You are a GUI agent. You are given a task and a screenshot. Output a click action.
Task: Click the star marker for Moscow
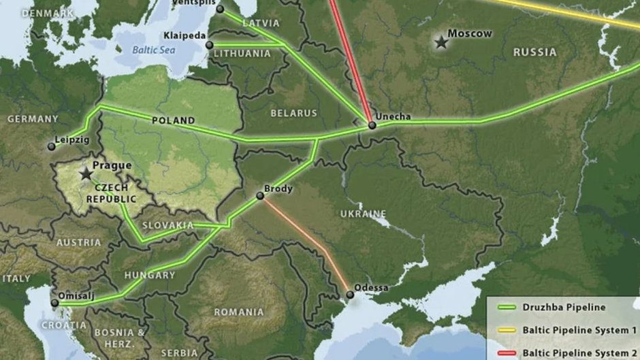pos(441,43)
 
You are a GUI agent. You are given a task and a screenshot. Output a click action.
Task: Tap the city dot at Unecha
pos(372,125)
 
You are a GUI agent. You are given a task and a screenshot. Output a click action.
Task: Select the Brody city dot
pos(259,196)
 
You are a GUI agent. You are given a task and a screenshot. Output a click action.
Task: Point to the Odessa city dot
pos(350,295)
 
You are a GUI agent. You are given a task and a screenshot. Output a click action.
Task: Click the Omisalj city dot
pos(55,303)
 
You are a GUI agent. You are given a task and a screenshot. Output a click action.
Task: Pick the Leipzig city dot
pos(51,146)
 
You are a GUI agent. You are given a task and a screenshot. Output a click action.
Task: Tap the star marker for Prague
pos(86,174)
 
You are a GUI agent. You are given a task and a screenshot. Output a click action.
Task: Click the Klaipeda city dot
pos(209,45)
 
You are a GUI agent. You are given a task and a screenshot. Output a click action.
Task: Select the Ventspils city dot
pos(220,9)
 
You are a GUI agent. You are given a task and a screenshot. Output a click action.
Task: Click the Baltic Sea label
pos(154,49)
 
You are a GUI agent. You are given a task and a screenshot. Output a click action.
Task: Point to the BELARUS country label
pos(293,113)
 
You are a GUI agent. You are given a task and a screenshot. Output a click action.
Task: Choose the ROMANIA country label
pos(238,312)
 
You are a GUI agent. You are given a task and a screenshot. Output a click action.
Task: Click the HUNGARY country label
pos(149,276)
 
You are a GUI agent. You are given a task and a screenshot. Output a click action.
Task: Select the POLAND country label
pos(173,120)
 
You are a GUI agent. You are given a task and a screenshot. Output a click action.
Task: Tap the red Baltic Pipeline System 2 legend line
pos(505,353)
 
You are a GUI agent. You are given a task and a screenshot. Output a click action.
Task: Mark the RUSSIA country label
pos(534,52)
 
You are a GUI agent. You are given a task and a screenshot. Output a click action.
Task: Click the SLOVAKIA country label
pos(167,225)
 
